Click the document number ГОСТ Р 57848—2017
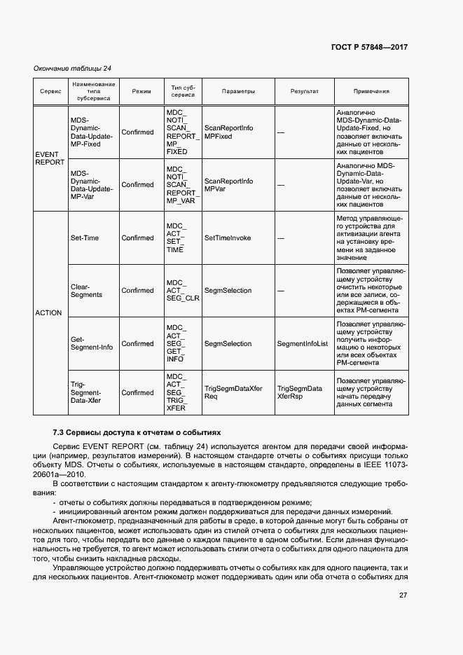click(368, 47)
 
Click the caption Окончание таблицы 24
click(72, 68)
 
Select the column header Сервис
click(50, 91)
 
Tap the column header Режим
click(141, 91)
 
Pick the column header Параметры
click(238, 91)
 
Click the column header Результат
click(304, 91)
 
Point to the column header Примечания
click(371, 91)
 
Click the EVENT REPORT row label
click(50, 158)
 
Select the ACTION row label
click(48, 312)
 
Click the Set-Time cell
click(85, 237)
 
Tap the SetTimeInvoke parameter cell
click(227, 237)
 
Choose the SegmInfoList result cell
click(303, 344)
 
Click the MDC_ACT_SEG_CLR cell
click(182, 291)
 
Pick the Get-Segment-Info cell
click(92, 343)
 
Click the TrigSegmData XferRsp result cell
click(300, 392)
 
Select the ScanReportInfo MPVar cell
click(228, 185)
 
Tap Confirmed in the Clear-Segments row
click(137, 291)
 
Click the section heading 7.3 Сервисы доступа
click(137, 432)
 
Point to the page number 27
click(403, 595)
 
